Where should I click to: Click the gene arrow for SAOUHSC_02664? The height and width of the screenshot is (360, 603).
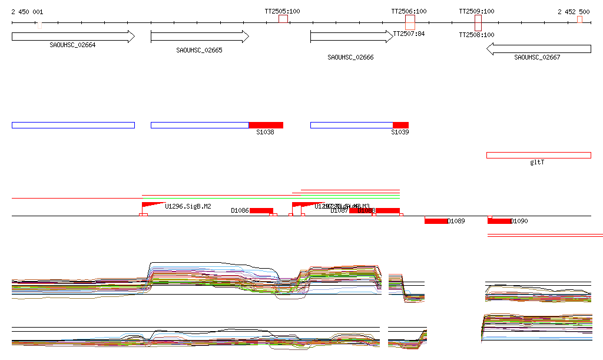[x=73, y=37]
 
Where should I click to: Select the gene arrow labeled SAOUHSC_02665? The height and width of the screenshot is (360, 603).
[x=200, y=37]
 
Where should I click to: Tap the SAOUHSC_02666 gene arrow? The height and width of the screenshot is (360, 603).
[x=351, y=37]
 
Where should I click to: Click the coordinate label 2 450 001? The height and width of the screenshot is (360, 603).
[x=27, y=12]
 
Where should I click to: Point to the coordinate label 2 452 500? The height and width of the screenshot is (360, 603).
[x=574, y=12]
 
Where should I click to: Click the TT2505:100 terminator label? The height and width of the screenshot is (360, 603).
[x=283, y=11]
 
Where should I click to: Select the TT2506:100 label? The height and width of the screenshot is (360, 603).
[x=409, y=11]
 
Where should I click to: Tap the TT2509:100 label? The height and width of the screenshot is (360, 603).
[x=477, y=11]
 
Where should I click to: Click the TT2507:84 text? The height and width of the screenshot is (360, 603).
[x=409, y=34]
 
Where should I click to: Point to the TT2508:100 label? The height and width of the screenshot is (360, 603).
[x=477, y=35]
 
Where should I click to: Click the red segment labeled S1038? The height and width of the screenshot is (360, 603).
[x=266, y=125]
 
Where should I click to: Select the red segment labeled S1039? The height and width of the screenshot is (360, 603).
[x=400, y=125]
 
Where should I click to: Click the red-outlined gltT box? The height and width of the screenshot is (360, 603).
[x=538, y=155]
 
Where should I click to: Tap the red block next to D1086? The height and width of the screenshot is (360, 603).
[x=261, y=210]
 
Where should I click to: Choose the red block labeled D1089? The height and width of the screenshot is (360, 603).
[x=436, y=221]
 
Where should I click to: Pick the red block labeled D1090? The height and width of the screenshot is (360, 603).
[x=499, y=221]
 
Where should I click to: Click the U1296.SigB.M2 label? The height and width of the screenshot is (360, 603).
[x=188, y=206]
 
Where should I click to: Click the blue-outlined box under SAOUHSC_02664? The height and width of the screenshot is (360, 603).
[x=73, y=125]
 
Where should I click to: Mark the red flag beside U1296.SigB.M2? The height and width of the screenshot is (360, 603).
[x=151, y=204]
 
